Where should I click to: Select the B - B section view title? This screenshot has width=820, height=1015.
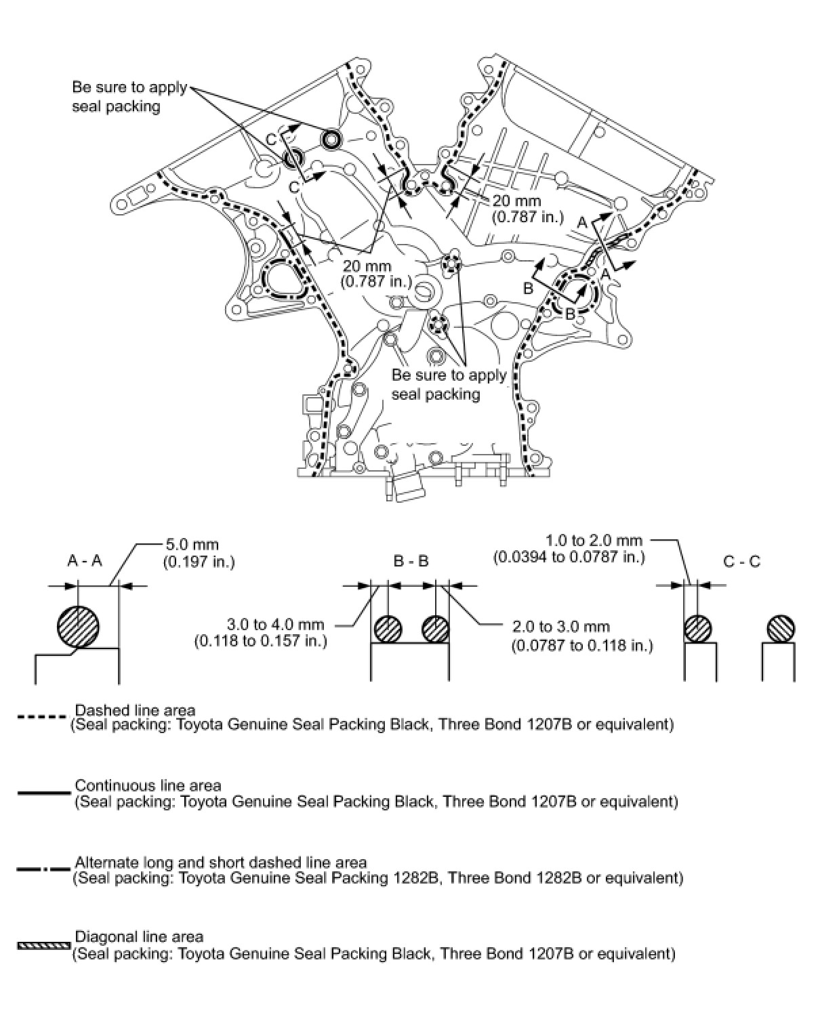coord(411,561)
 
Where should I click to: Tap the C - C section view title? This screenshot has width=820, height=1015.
coord(742,561)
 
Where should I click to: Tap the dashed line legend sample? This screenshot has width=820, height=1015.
coord(43,716)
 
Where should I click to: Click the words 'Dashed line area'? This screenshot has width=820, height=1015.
coord(135,710)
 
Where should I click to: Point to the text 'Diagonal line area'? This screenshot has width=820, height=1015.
coord(139,936)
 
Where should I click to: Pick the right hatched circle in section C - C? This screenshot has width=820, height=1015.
coord(781,628)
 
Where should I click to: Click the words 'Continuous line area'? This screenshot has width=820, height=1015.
coord(148,785)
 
